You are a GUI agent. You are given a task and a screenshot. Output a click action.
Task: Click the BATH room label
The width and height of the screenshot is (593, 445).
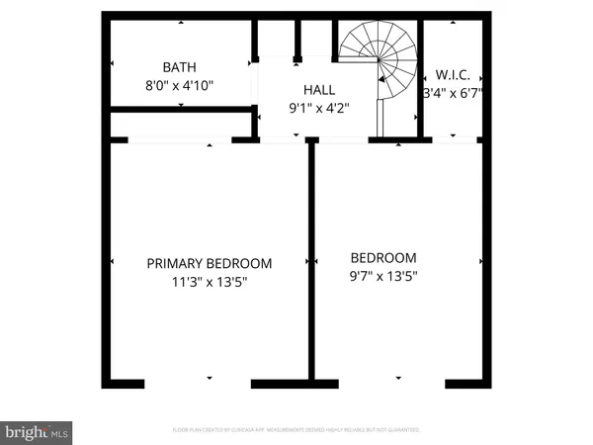(x=179, y=67)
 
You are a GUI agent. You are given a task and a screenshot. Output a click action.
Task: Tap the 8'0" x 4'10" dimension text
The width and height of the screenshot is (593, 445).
(x=179, y=85)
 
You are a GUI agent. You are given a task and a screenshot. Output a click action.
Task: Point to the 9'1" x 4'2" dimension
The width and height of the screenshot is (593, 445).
(x=318, y=108)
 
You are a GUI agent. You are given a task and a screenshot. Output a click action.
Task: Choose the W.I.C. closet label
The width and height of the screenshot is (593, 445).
(x=452, y=75)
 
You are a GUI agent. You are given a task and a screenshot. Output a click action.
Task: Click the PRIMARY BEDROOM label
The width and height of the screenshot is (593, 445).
(x=209, y=263)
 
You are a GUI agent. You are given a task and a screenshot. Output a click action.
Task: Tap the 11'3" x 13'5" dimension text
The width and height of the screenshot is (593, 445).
(x=209, y=281)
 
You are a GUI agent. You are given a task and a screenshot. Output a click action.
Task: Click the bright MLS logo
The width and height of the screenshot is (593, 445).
(x=37, y=431)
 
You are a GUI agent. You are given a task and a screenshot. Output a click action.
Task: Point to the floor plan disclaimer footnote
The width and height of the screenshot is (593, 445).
(x=296, y=430)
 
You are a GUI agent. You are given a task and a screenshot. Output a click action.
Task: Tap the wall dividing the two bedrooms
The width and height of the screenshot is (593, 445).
(x=312, y=262)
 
